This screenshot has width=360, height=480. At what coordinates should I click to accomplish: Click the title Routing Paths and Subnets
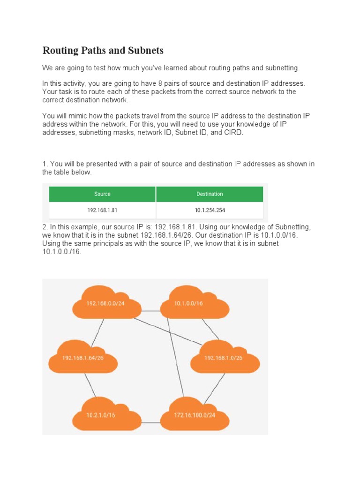point(103,51)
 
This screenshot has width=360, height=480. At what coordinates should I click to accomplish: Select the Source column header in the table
point(102,194)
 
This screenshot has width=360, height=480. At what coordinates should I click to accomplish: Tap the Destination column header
point(210,194)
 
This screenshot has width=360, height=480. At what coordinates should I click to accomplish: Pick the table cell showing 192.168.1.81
point(102,210)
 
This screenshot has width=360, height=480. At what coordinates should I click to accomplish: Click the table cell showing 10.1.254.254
point(210,210)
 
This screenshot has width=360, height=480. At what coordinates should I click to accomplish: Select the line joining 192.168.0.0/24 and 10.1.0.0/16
point(151,310)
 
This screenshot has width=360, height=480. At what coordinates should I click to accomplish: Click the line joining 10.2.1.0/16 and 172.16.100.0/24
point(151,423)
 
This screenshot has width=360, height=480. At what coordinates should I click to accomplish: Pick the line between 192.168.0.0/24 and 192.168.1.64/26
point(97,332)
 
